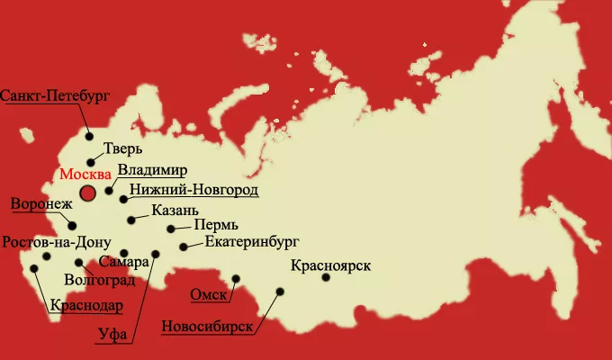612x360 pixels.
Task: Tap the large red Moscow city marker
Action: pos(88,193)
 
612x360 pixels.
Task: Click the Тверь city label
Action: pos(123,149)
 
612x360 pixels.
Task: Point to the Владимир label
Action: pos(152,170)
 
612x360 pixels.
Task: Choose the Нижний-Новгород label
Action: pos(193,190)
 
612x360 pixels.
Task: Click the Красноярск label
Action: pos(332,265)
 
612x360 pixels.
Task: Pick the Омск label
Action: pos(208,294)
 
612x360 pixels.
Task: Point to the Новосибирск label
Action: pos(207,326)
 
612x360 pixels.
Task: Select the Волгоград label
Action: pos(102,280)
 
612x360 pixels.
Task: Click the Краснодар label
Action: pos(86,305)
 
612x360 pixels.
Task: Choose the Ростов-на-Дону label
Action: pos(56,242)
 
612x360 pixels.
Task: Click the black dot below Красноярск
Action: pos(326,277)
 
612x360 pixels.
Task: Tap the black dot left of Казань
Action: pos(131,219)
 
